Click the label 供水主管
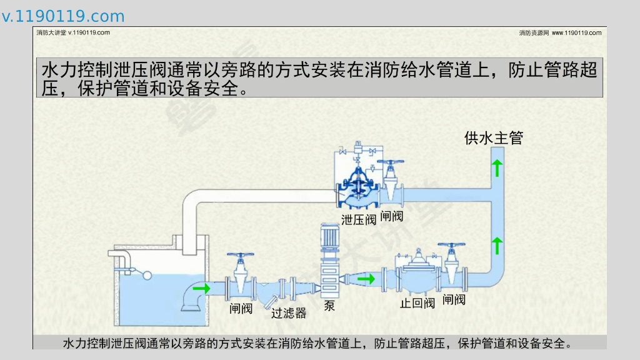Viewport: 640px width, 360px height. click(493, 138)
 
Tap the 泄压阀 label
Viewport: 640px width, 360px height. click(359, 219)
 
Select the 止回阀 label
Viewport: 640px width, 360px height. click(417, 304)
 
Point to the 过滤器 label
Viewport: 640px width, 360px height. click(289, 312)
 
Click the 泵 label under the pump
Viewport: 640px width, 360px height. click(329, 306)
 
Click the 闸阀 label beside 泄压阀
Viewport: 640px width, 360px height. click(392, 216)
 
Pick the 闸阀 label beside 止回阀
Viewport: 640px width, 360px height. click(454, 300)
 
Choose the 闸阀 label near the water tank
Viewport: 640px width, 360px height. click(241, 308)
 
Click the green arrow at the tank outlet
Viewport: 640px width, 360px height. click(202, 289)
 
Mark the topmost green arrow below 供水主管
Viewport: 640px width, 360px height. click(497, 167)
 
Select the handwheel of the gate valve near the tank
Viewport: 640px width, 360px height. click(241, 256)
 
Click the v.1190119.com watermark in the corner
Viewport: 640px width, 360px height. click(63, 16)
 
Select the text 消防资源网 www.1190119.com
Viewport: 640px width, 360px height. click(560, 32)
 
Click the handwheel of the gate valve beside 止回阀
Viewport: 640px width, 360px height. click(452, 246)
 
